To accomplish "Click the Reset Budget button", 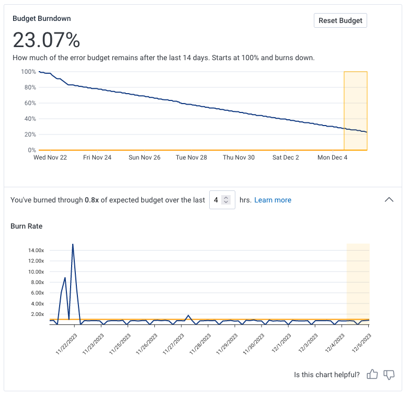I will click(340, 21).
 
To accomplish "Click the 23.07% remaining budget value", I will click(47, 40).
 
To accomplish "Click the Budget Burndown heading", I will click(42, 18).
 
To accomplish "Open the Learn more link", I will click(272, 200).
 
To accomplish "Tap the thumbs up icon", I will click(372, 375).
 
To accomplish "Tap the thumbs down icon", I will click(389, 375).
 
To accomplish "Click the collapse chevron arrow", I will click(389, 199).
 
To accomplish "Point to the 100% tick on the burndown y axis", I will click(28, 72).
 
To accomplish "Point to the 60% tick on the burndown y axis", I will click(29, 103).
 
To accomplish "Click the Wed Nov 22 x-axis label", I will click(50, 157).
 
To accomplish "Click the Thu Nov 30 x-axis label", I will click(238, 157).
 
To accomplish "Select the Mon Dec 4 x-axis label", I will click(333, 157).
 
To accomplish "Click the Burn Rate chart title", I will click(27, 227).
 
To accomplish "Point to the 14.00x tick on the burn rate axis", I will click(36, 251).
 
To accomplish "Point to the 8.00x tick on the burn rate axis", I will click(37, 282).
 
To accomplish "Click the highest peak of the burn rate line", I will click(73, 244).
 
